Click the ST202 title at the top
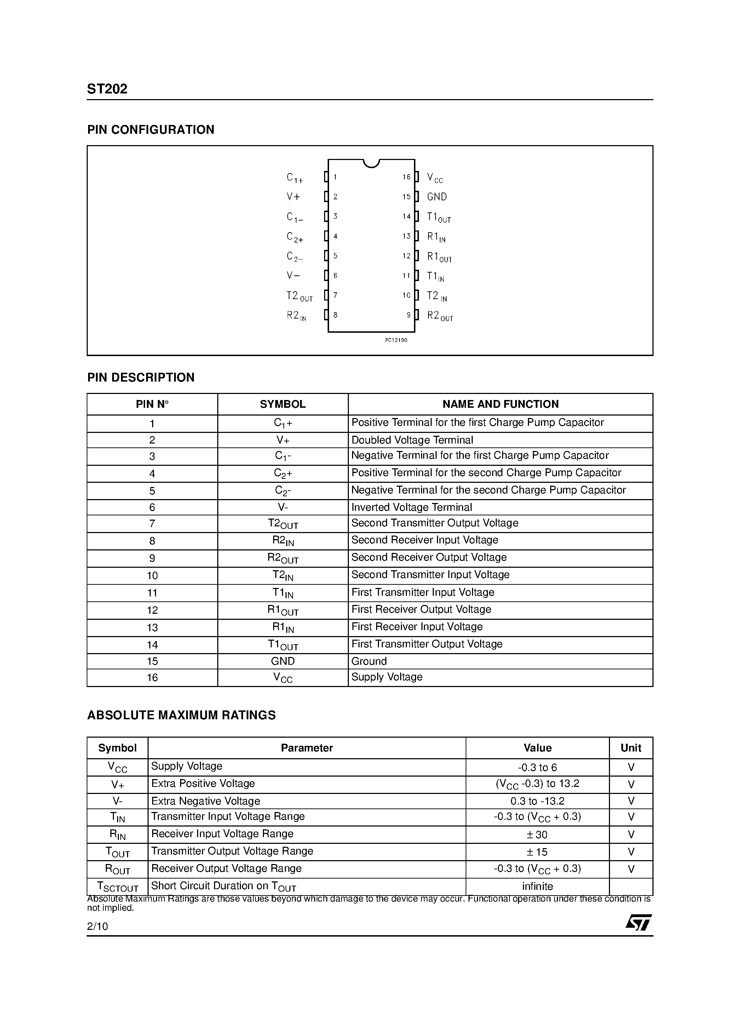tap(107, 89)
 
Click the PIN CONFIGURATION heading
tap(150, 130)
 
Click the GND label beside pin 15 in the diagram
tap(437, 197)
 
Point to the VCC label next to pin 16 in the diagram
tap(435, 178)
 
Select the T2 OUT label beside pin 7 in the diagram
tap(299, 296)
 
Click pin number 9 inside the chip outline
tap(408, 315)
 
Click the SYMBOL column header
tap(283, 404)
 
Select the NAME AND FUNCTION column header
tap(500, 404)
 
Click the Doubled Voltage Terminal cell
tap(412, 440)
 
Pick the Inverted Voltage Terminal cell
tap(411, 507)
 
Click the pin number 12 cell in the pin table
tap(152, 610)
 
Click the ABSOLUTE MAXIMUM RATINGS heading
tap(181, 715)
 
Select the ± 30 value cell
tap(537, 835)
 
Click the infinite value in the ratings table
tap(537, 887)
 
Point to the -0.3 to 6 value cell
tap(537, 767)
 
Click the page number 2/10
tap(97, 926)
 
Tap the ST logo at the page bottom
tap(638, 922)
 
